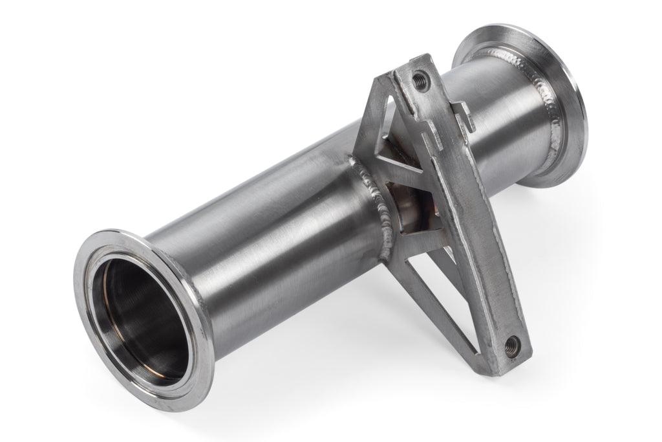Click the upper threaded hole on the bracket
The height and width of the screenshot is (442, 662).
tap(420, 80)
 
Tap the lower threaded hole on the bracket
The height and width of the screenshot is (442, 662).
tap(511, 342)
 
